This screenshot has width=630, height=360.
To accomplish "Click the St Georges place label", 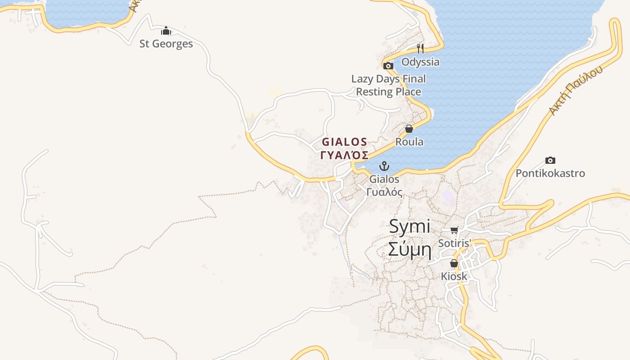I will pos(166,44).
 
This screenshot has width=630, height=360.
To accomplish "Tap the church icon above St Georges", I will pos(166,31).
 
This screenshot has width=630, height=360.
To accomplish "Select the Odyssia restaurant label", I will pos(420,62).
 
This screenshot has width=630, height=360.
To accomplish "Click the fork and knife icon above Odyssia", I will pos(420,48).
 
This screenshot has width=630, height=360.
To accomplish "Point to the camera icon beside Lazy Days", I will pos(388,66).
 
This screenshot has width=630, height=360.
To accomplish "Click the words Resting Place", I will pos(388,92).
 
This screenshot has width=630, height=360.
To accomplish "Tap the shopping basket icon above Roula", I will pos(409,129).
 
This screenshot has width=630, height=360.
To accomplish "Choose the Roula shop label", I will pos(409,142).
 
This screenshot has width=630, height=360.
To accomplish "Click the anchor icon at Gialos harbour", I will pos(384,166).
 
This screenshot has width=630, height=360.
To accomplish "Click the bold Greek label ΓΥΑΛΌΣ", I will pos(344,155).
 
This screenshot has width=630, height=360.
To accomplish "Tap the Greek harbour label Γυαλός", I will pos(384,192).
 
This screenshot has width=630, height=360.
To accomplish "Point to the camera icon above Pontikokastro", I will pos(550,160).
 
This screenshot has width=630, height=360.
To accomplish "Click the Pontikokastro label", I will pos(550,173).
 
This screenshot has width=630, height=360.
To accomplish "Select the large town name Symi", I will pos(409,226).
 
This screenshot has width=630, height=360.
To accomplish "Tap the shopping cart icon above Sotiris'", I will pos(454,230).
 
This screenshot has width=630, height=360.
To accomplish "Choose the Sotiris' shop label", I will pos(454,243).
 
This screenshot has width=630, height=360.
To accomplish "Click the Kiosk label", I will pos(454,276).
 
